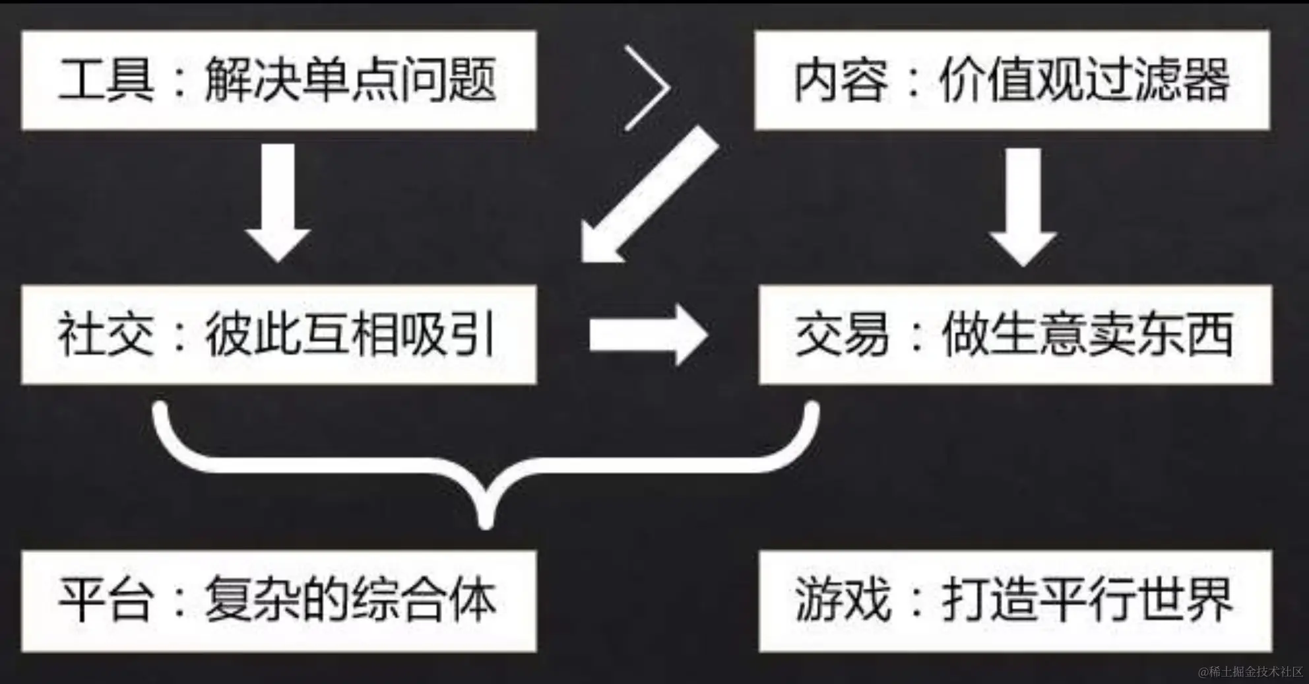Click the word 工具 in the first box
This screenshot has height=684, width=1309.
click(106, 80)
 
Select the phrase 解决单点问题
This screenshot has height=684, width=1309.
click(350, 80)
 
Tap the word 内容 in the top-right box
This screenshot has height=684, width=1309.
click(840, 80)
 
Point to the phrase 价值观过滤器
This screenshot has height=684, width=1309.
click(1084, 80)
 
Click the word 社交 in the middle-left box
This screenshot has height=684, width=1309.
click(106, 335)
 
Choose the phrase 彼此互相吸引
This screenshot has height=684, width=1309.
click(350, 335)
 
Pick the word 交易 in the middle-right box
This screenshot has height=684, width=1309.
click(842, 335)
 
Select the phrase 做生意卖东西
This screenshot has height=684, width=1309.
click(1087, 335)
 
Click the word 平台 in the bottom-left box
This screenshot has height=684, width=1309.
click(106, 600)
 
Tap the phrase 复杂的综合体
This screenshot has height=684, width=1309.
click(350, 600)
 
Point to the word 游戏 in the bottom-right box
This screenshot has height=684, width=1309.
click(842, 600)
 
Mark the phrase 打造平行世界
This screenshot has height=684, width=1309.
click(1087, 600)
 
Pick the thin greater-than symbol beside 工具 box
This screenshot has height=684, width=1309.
click(647, 88)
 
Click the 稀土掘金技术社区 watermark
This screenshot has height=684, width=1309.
click(1250, 672)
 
